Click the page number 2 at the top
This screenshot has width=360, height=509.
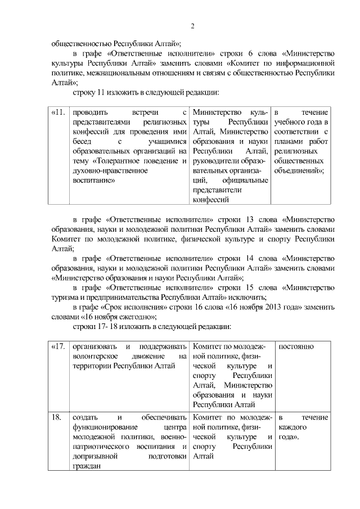click(x=192, y=26)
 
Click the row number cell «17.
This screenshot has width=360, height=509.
click(x=58, y=346)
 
